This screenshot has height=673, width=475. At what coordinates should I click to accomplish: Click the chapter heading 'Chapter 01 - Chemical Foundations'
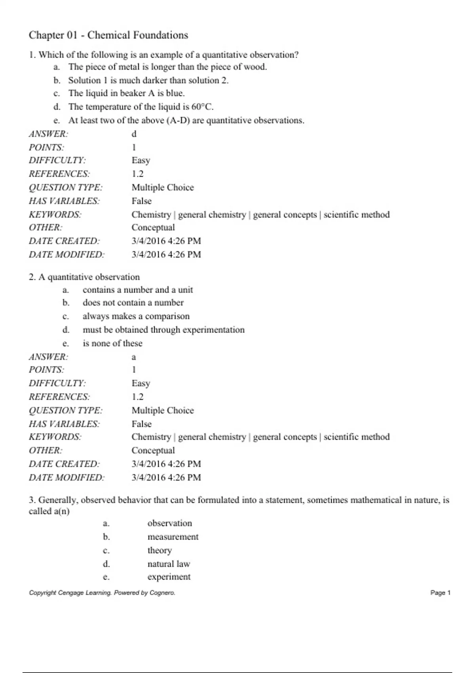click(x=108, y=35)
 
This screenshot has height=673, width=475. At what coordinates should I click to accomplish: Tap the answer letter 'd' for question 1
click(x=134, y=134)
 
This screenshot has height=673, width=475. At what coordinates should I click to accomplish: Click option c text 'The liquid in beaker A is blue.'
click(x=126, y=93)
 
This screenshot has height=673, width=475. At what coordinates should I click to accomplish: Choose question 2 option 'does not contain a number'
click(x=133, y=303)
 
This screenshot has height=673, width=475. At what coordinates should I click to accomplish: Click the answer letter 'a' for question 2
click(x=134, y=357)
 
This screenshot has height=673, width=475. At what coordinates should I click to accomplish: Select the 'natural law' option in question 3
click(x=169, y=564)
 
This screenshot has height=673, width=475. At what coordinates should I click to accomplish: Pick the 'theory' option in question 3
click(x=160, y=550)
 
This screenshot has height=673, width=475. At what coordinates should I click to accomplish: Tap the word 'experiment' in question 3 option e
click(x=169, y=577)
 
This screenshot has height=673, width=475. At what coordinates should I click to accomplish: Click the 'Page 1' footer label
click(x=440, y=593)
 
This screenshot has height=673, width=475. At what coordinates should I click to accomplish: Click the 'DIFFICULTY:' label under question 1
click(x=57, y=160)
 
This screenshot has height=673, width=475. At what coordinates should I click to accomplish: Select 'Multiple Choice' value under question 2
click(x=163, y=411)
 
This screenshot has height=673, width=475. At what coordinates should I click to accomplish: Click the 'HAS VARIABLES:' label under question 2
click(x=64, y=424)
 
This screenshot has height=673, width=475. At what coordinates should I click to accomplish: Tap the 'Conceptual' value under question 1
click(x=153, y=228)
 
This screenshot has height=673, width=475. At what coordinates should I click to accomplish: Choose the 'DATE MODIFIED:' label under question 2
click(x=66, y=477)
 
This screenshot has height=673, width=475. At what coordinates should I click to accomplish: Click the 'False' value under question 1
click(x=141, y=201)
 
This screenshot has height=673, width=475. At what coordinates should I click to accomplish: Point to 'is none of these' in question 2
click(x=112, y=343)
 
